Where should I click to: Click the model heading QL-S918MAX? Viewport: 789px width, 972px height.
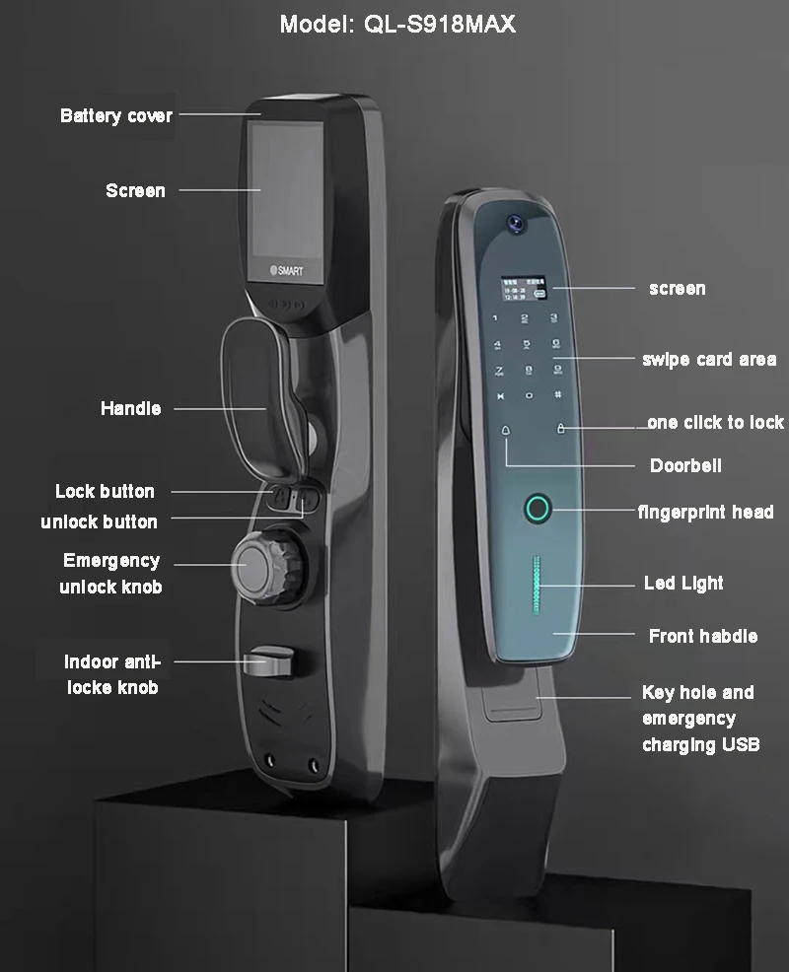coord(397,24)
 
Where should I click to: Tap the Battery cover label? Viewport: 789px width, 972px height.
coord(116,116)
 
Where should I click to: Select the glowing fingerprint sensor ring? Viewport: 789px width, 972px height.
coord(537,510)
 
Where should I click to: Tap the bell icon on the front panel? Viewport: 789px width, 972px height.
coord(507,430)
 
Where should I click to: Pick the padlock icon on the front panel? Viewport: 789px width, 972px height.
coord(560,429)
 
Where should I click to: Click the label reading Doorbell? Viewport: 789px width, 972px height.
coord(685,465)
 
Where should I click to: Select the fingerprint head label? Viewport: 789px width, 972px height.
coord(705,512)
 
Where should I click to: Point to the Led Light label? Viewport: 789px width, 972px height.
coord(683,584)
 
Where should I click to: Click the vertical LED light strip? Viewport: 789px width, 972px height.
coord(538,581)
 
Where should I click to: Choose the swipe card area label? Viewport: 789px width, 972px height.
coord(708,360)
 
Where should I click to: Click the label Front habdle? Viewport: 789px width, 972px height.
coord(703,637)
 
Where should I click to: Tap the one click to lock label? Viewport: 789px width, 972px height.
coord(715,423)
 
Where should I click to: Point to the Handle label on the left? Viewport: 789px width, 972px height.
coord(130,408)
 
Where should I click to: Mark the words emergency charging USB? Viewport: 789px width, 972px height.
coord(700,731)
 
